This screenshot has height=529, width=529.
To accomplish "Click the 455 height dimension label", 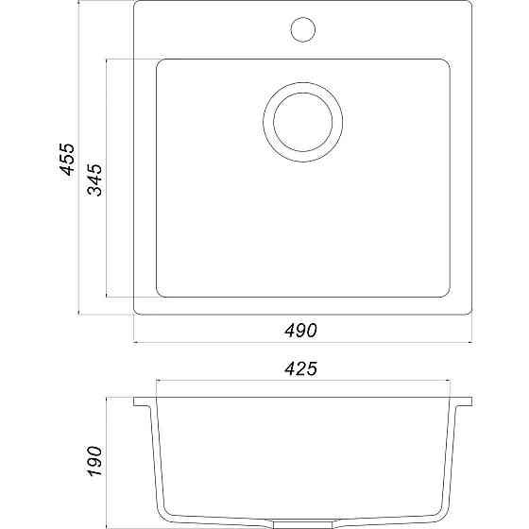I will [x=66, y=161].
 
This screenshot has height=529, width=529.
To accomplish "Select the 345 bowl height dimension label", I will [x=95, y=179].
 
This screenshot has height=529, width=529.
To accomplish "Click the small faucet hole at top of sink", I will [x=302, y=28].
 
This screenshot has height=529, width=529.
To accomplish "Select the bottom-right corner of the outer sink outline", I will [x=469, y=312].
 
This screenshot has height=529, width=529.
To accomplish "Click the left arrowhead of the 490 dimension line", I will [x=137, y=341].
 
